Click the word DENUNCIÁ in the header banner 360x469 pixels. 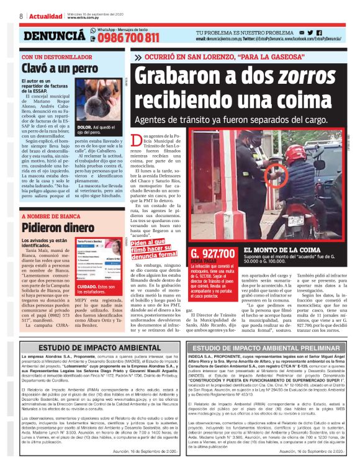(53, 36)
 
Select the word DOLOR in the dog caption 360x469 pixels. (84, 126)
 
